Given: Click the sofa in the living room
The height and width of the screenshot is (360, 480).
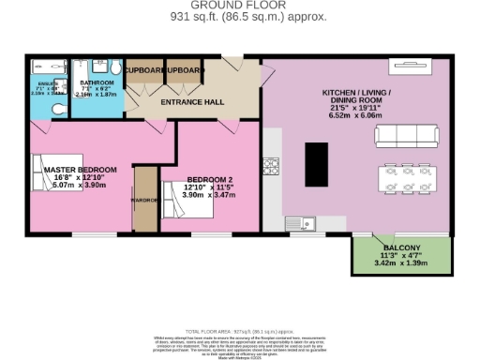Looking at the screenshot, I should tap(406, 137).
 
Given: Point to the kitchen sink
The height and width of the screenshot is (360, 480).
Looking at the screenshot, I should tap(306, 223).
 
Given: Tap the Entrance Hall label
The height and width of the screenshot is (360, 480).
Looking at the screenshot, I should tap(190, 101).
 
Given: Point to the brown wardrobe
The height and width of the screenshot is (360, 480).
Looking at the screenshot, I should tap(144, 199).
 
